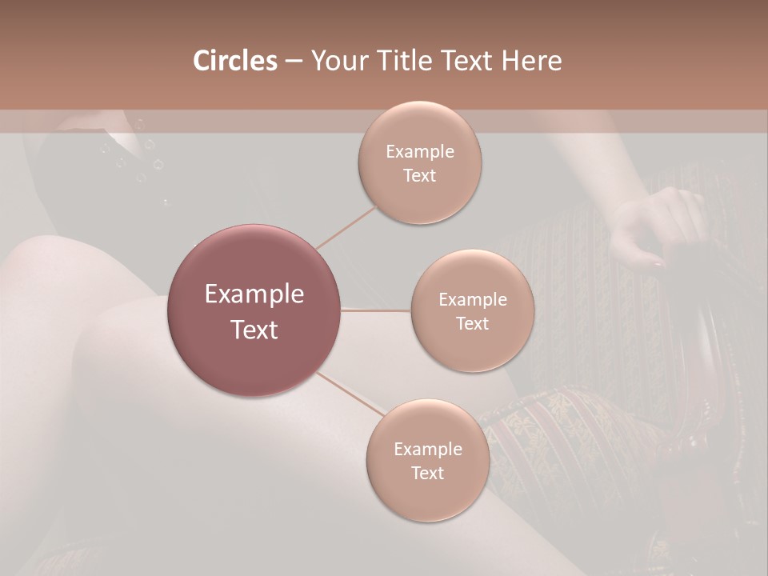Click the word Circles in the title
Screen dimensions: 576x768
tap(234, 61)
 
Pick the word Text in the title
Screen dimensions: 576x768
tap(471, 61)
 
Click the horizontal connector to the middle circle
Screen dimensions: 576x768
tap(376, 310)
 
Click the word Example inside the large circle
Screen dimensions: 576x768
tap(254, 294)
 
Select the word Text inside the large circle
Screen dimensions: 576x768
tap(254, 330)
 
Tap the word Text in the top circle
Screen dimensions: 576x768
tap(420, 176)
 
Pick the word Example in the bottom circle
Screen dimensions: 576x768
tap(427, 449)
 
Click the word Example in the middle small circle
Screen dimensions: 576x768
tap(472, 300)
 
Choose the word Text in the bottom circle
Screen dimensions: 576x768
tap(427, 474)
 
